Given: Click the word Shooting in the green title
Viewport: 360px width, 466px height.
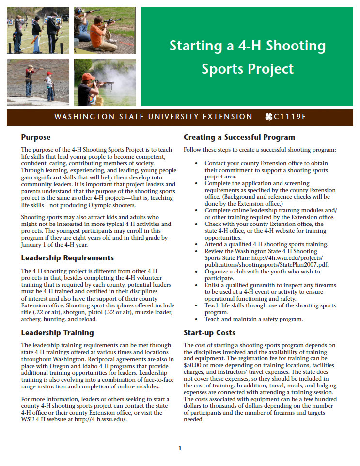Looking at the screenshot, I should [296, 47].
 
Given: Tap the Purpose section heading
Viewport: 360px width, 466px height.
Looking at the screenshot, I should [35, 137].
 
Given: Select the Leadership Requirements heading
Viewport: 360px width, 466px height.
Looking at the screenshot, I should [67, 257].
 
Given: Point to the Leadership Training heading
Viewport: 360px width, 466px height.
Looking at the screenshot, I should [57, 333].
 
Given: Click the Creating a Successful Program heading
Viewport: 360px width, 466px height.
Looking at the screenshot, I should [239, 137].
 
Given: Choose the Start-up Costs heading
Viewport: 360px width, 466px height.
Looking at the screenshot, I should [209, 333].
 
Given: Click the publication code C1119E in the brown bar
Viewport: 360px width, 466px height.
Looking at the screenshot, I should [290, 117].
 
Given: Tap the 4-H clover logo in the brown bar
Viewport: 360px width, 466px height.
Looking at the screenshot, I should [269, 117].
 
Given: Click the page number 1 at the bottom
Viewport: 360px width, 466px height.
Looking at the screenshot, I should [180, 448].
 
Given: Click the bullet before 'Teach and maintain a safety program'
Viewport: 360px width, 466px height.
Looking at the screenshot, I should [196, 319].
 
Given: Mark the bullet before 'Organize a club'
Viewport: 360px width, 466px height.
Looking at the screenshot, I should [196, 272].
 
